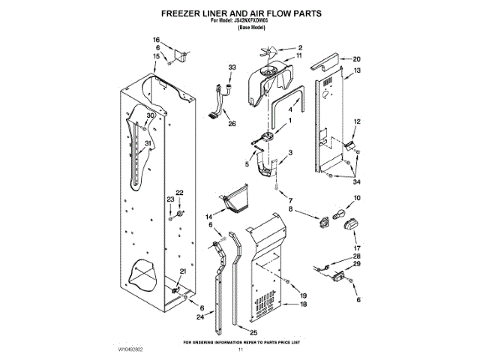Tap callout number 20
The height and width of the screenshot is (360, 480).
click(x=357, y=58)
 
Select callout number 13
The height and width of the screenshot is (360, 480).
click(x=357, y=70)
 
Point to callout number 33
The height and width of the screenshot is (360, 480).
click(x=232, y=67)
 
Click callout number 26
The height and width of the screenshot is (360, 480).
click(x=232, y=124)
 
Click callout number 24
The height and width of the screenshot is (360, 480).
click(x=199, y=317)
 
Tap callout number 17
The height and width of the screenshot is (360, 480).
click(x=357, y=247)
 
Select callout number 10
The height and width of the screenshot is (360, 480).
click(x=357, y=197)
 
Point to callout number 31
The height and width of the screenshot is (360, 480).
click(x=148, y=144)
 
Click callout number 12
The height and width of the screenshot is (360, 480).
click(x=357, y=121)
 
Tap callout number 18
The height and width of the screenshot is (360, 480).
click(x=303, y=304)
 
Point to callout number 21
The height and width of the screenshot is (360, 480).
click(x=182, y=271)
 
